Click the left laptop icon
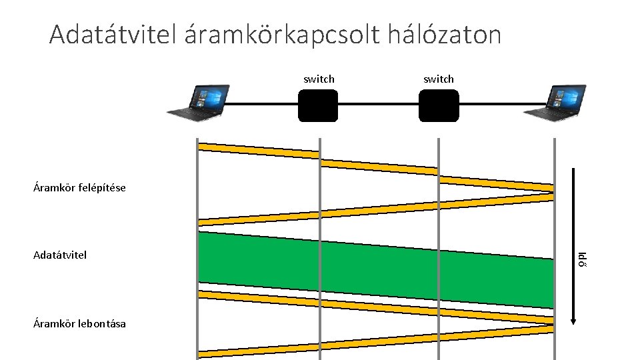pyautogui.click(x=198, y=103)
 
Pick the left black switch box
pyautogui.click(x=318, y=105)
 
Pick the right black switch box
pyautogui.click(x=439, y=105)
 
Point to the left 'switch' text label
pyautogui.click(x=319, y=79)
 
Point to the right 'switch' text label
pyautogui.click(x=439, y=79)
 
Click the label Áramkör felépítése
pyautogui.click(x=79, y=187)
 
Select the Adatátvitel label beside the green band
pyautogui.click(x=60, y=255)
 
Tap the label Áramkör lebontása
pyautogui.click(x=79, y=324)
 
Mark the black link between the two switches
pyautogui.click(x=378, y=105)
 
